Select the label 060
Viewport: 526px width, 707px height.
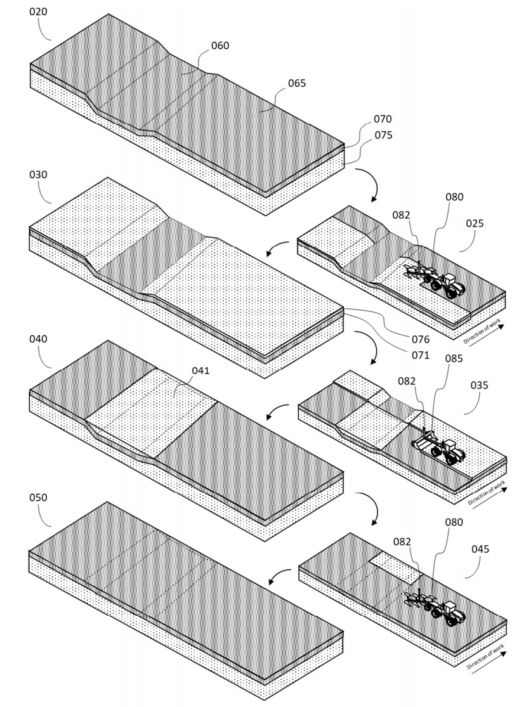[x=220, y=46]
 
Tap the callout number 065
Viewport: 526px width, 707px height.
[x=296, y=83]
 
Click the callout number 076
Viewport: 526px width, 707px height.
[x=419, y=340]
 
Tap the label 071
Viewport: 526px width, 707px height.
[x=419, y=356]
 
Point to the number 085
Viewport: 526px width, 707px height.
[x=454, y=358]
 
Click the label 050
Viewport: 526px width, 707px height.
[x=39, y=498]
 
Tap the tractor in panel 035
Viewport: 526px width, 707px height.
[x=449, y=450]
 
